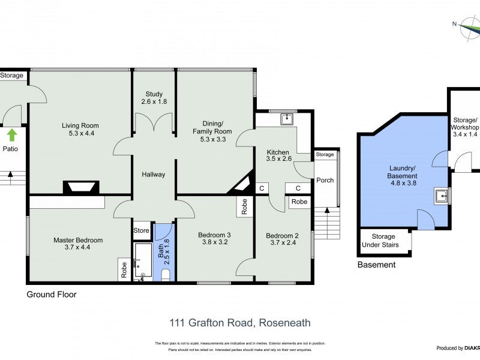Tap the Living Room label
(x=80, y=129)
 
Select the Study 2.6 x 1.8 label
(x=154, y=98)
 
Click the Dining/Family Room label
(x=212, y=135)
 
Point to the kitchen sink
(x=287, y=118)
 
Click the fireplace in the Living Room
(x=80, y=188)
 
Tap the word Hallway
(x=153, y=175)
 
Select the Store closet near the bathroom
(x=141, y=230)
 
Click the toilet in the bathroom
(x=166, y=275)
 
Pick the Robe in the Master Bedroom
(x=124, y=269)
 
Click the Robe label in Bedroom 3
(x=244, y=207)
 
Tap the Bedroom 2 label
(x=282, y=239)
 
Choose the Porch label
(x=325, y=180)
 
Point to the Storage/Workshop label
(x=466, y=131)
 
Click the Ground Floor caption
(x=51, y=295)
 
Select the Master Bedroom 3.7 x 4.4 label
(x=78, y=244)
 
